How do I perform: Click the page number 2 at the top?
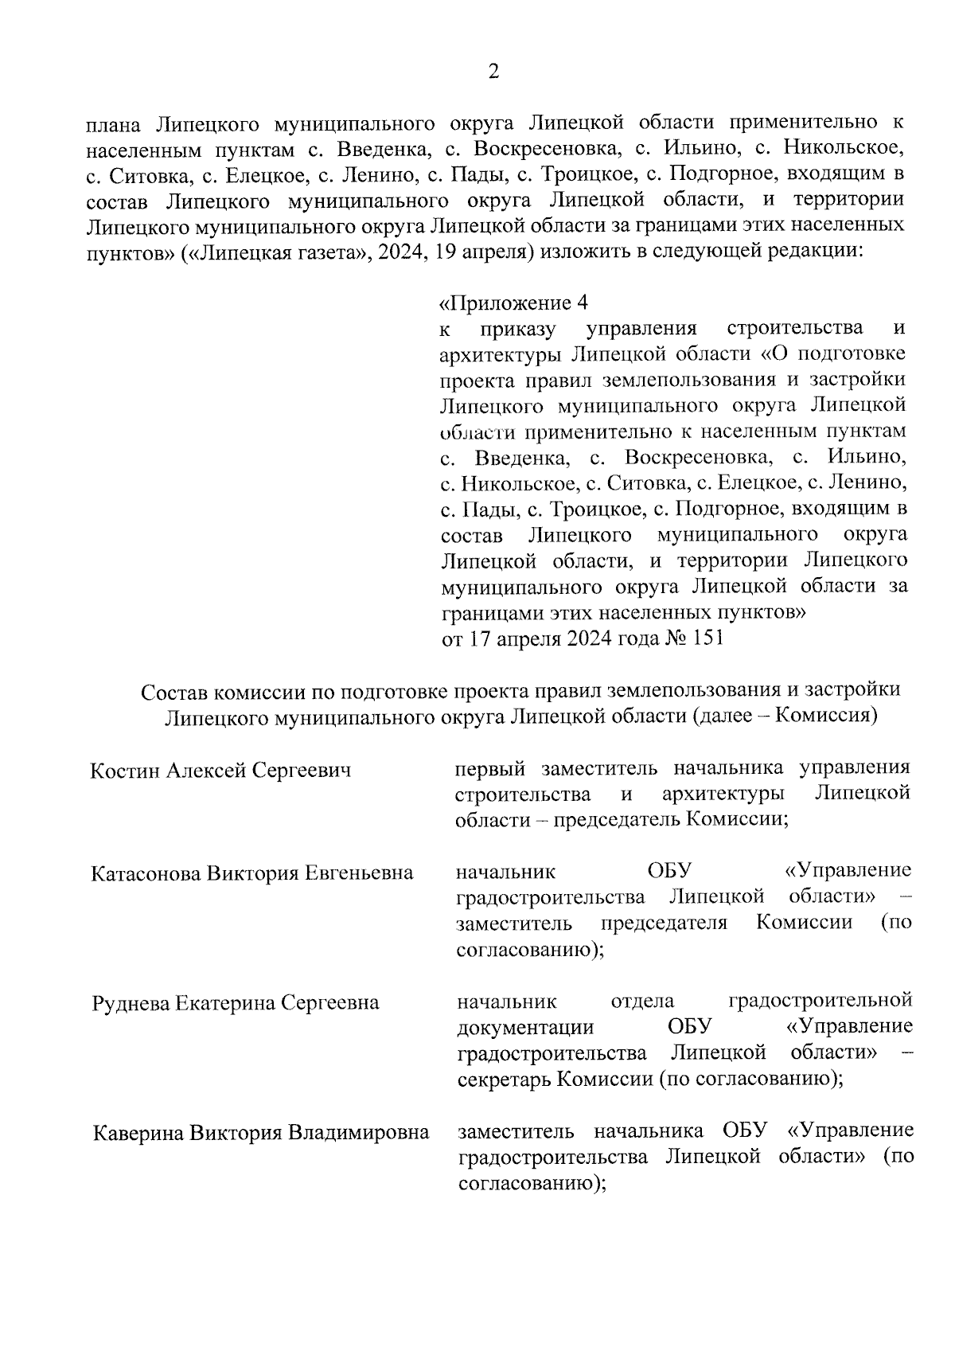493,72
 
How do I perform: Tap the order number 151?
708,638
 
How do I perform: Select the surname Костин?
127,771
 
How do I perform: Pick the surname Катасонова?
146,873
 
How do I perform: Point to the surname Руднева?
131,1002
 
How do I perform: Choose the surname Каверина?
137,1132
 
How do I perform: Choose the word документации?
525,1026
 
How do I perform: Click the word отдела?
642,1001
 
